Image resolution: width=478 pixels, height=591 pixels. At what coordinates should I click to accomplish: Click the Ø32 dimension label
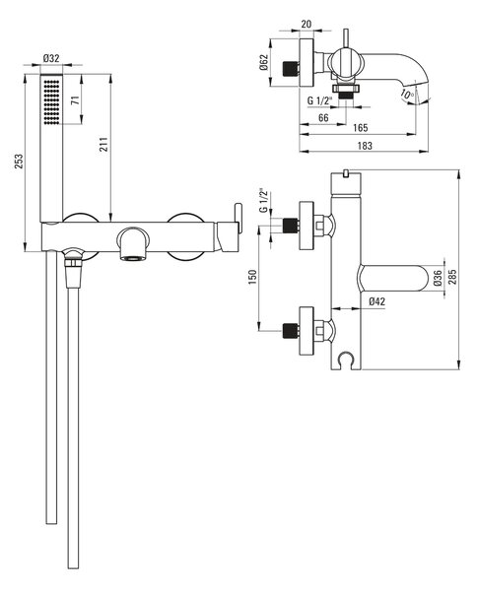(x=51, y=58)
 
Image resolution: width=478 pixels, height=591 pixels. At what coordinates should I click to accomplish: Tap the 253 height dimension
(x=19, y=161)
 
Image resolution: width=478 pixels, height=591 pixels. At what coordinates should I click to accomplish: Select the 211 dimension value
(x=103, y=145)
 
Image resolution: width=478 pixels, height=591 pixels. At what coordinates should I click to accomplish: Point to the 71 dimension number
(x=76, y=100)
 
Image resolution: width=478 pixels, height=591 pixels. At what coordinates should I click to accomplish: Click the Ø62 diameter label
(x=263, y=62)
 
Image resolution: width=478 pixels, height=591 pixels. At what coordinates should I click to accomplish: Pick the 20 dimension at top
(x=307, y=24)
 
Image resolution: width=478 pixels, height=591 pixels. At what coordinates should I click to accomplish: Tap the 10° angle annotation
(x=407, y=94)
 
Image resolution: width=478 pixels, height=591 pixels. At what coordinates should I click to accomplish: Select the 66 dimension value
(x=323, y=117)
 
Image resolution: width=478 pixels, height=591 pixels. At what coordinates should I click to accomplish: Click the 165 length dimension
(x=361, y=128)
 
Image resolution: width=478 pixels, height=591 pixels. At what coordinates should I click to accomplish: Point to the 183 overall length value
(x=365, y=146)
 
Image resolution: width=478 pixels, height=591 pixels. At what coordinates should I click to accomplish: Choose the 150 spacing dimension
(x=252, y=277)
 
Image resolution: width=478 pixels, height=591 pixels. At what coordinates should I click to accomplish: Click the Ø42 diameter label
(x=376, y=301)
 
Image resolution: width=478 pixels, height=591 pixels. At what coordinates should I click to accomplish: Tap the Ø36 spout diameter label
(x=438, y=278)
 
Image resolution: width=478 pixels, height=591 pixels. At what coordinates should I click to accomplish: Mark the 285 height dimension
(x=452, y=277)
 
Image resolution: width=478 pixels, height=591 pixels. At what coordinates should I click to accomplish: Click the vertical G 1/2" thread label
(x=264, y=200)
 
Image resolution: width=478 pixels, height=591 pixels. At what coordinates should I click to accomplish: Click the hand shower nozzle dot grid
(x=51, y=101)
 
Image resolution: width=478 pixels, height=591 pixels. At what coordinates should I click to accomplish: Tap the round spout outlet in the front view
(x=132, y=243)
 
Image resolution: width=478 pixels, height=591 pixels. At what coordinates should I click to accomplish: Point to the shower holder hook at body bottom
(x=346, y=361)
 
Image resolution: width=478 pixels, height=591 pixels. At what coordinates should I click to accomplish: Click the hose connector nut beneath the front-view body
(x=73, y=259)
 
